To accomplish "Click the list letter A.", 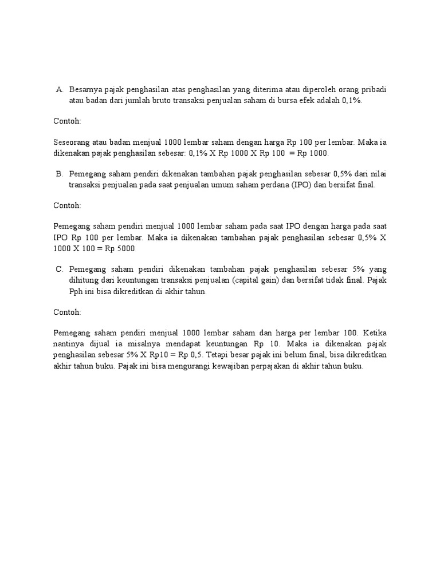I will pyautogui.click(x=58, y=89).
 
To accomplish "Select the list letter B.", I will pyautogui.click(x=58, y=173).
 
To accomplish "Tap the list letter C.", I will pyautogui.click(x=58, y=270).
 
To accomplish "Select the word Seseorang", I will pyautogui.click(x=71, y=142).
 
